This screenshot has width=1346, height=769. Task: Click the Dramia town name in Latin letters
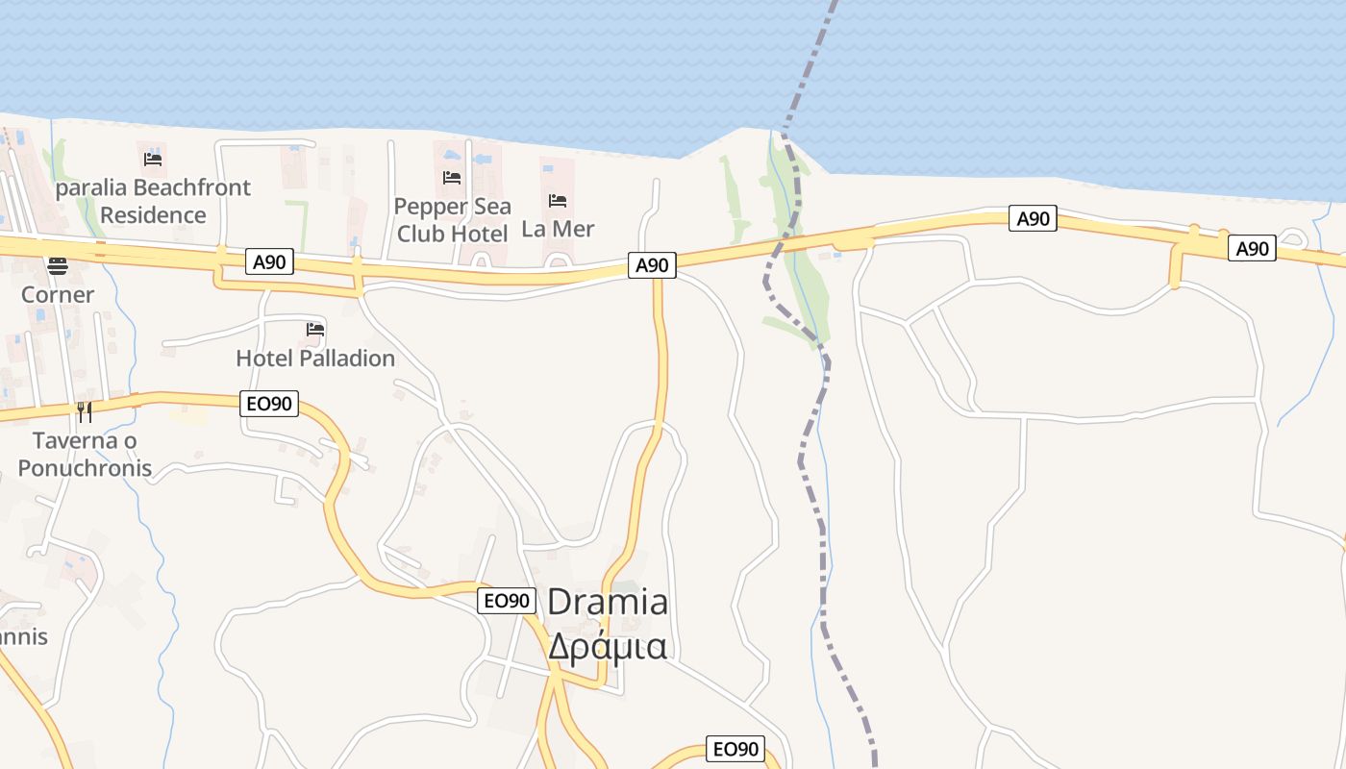pos(608,603)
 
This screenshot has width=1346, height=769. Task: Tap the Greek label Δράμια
pos(608,645)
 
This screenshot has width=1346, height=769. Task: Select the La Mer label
pos(558,229)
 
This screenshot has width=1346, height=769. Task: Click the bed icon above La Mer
pos(558,201)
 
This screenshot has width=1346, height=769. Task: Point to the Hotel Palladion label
pos(315,359)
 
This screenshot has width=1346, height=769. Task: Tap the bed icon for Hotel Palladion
pos(315,330)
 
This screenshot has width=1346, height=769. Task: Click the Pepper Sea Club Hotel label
pos(452,220)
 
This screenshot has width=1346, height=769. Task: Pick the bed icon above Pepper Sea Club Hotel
pos(452,177)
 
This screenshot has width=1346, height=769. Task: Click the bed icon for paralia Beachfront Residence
pos(153,159)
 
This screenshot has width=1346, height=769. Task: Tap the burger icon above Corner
pos(58,265)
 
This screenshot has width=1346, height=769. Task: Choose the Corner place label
pos(58,294)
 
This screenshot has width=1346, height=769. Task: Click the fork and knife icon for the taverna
pos(85,412)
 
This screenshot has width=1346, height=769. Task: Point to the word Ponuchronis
pos(85,468)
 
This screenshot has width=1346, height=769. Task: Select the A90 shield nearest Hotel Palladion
pos(268,261)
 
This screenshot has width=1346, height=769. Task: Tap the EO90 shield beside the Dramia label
pos(507,601)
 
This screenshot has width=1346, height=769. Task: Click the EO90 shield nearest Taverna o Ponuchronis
pos(269,405)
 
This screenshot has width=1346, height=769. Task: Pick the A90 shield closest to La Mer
pos(651,264)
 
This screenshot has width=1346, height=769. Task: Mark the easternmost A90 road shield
pos(1252,249)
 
